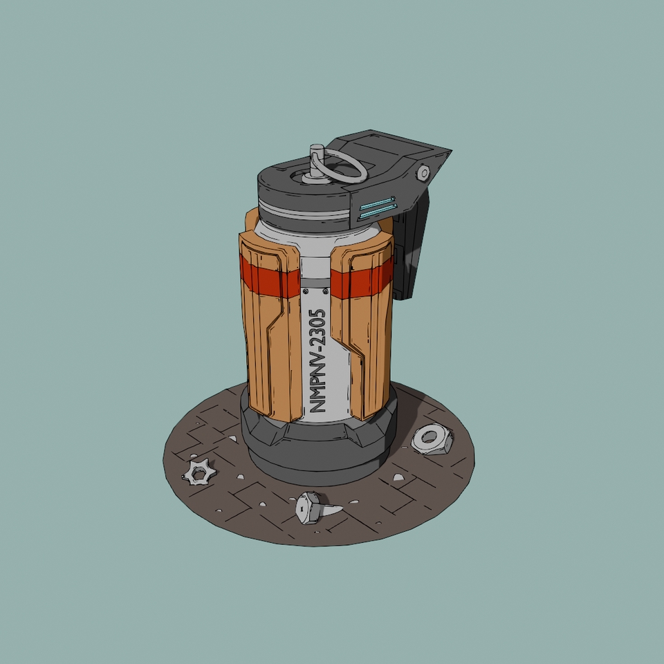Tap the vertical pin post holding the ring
[x=317, y=161]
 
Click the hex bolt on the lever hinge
[x=423, y=173]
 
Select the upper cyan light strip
[x=377, y=203]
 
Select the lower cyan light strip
[x=378, y=212]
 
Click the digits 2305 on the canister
[x=317, y=328]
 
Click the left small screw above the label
[x=306, y=291]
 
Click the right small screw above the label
[x=325, y=291]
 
